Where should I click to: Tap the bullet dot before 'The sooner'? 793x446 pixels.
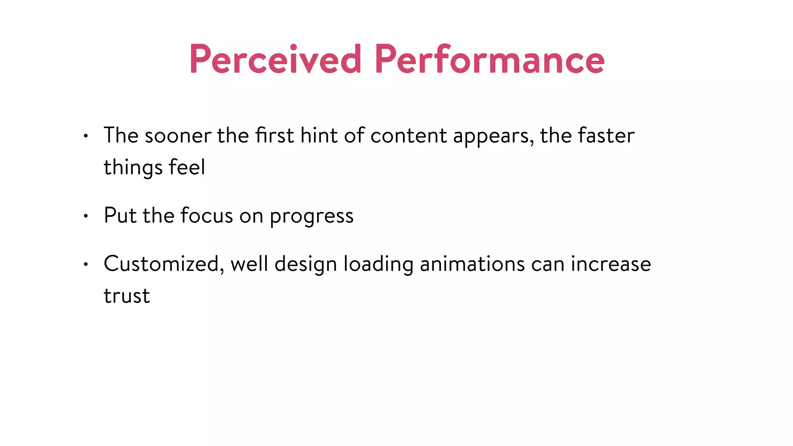coord(86,136)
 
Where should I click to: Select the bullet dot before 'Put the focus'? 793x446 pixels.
coord(86,216)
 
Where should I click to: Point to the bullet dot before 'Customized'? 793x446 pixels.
coord(86,264)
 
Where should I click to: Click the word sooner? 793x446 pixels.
coord(178,136)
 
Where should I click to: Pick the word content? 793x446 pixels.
coord(409,136)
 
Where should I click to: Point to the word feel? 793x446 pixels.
coord(187,167)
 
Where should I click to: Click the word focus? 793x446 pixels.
coord(207,216)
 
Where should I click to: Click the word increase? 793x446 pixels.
coord(611,264)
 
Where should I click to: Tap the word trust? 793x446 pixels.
coord(127,296)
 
